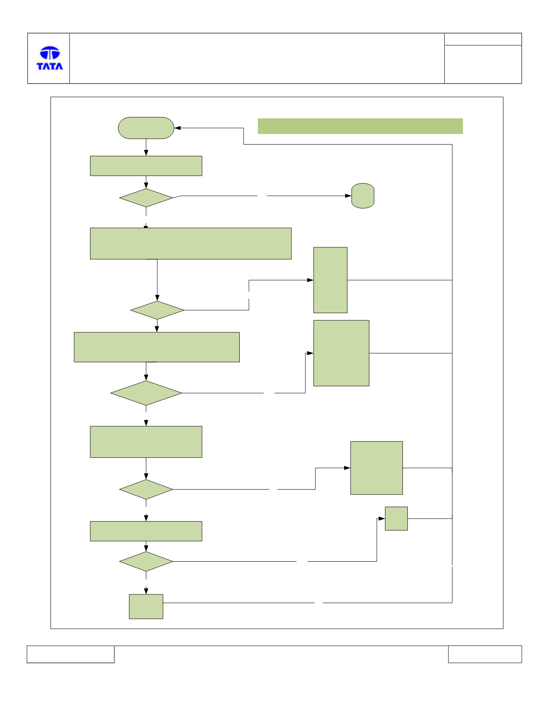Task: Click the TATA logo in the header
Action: click(x=50, y=58)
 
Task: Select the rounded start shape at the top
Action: click(x=146, y=128)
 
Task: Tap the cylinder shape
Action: click(x=363, y=196)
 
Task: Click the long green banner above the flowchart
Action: click(x=360, y=126)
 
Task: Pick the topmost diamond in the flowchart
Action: click(x=146, y=198)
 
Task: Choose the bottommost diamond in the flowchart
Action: click(x=146, y=561)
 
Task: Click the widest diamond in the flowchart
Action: click(x=146, y=393)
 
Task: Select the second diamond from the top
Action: click(x=157, y=310)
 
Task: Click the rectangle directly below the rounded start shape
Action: click(x=146, y=166)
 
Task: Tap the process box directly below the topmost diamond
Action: click(x=191, y=244)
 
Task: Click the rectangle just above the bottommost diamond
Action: click(x=146, y=531)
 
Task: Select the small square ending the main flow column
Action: click(x=146, y=607)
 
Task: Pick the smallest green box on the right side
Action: click(x=396, y=519)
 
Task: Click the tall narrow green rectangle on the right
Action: click(x=330, y=280)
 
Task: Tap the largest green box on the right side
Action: click(x=341, y=353)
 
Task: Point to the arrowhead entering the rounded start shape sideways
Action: click(x=178, y=128)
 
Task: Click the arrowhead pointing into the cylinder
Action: click(x=348, y=196)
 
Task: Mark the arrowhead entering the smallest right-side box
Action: click(x=382, y=519)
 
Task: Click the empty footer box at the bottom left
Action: click(x=70, y=654)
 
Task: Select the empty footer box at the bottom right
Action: click(x=485, y=654)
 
